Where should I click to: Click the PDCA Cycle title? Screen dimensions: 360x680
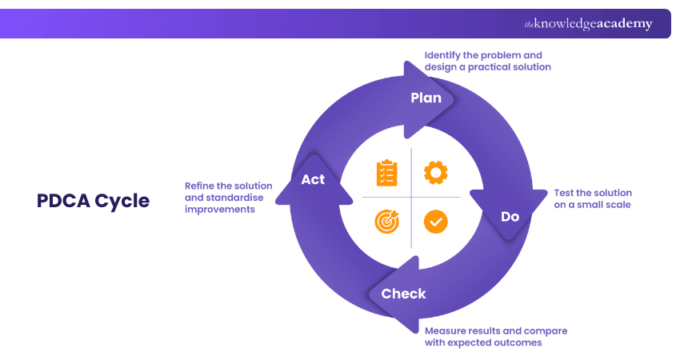tap(93, 201)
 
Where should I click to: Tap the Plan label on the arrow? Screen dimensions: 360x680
tap(426, 98)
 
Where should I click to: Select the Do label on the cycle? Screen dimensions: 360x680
tap(510, 217)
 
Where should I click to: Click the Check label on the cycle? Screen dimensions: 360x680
tap(403, 294)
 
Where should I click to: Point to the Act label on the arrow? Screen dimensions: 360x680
tap(313, 179)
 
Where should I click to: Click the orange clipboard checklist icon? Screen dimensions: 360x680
tap(386, 173)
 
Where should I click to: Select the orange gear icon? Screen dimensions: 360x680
tap(436, 172)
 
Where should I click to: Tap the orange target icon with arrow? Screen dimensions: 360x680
tap(386, 221)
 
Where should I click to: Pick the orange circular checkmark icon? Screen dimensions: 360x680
tap(436, 222)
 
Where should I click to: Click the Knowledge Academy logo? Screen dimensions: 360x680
tap(588, 24)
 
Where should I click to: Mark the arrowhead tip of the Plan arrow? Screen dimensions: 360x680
tap(454, 100)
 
